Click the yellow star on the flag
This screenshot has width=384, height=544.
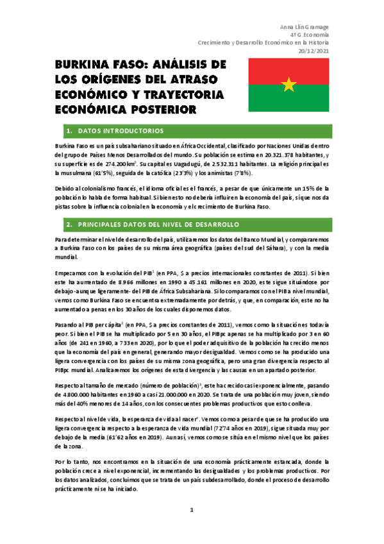click(x=289, y=84)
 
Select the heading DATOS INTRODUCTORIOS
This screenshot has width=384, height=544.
click(x=121, y=131)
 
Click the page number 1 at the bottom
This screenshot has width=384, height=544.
click(x=192, y=511)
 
